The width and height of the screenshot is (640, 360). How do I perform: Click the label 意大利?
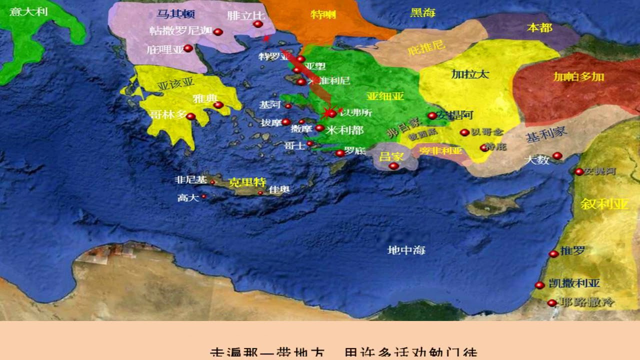[x=28, y=11]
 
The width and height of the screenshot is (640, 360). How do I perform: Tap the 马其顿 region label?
[x=175, y=14]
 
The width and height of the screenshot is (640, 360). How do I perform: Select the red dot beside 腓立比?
[x=258, y=24]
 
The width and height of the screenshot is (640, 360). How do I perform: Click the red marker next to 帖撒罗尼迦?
[x=218, y=32]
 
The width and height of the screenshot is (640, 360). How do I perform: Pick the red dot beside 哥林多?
[x=190, y=116]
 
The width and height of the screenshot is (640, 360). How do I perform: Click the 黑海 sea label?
[x=422, y=12]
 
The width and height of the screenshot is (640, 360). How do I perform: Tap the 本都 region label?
[x=539, y=27]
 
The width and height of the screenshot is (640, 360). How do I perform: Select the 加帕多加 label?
[x=578, y=76]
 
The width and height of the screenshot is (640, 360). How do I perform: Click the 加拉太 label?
[x=470, y=74]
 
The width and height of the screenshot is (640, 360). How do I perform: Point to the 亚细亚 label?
[x=385, y=96]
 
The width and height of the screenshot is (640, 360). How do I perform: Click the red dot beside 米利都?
[x=319, y=128]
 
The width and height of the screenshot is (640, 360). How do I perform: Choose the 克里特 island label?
[x=247, y=182]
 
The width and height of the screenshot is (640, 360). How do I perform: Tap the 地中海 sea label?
[x=406, y=250]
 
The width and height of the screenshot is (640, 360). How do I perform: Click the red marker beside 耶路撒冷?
[x=552, y=303]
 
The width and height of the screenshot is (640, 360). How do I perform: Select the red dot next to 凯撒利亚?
[x=539, y=285]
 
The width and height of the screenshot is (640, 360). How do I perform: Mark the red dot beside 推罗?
[x=553, y=254]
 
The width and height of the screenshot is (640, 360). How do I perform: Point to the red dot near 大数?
[x=557, y=156]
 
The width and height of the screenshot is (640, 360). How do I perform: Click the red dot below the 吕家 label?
[x=394, y=166]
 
